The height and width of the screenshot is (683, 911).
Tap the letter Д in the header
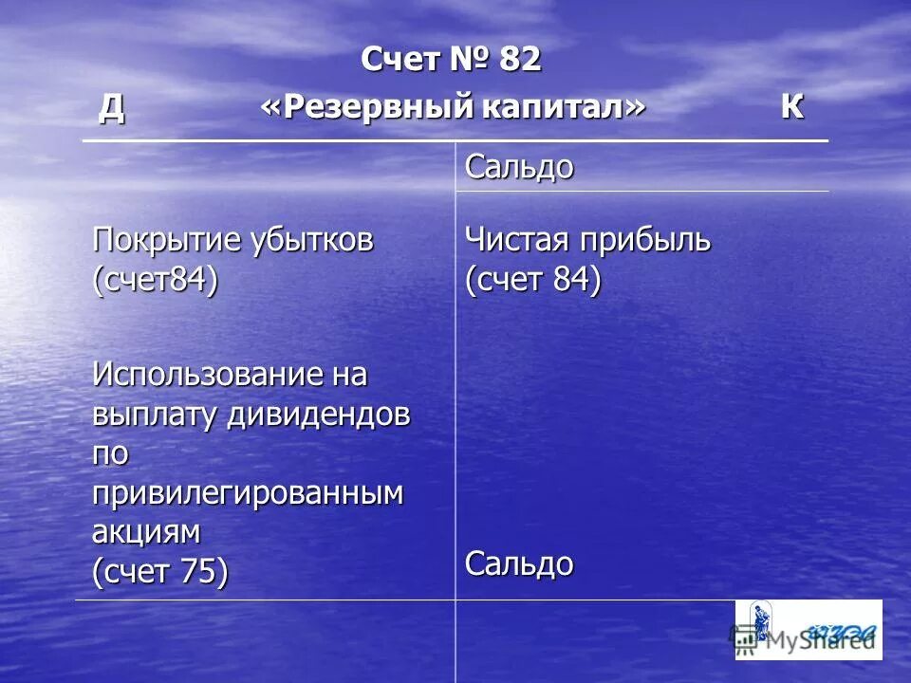point(112,108)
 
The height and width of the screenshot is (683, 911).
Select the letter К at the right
point(791,108)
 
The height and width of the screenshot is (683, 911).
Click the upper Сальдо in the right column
point(519,168)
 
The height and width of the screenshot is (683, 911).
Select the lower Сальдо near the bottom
point(519,564)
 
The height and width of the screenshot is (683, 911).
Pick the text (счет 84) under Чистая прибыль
point(532,282)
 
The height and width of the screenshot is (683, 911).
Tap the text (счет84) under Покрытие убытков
point(155,282)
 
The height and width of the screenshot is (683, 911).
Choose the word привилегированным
point(248,494)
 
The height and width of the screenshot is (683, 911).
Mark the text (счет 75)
point(160,572)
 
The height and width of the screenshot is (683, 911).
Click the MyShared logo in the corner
point(809,630)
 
